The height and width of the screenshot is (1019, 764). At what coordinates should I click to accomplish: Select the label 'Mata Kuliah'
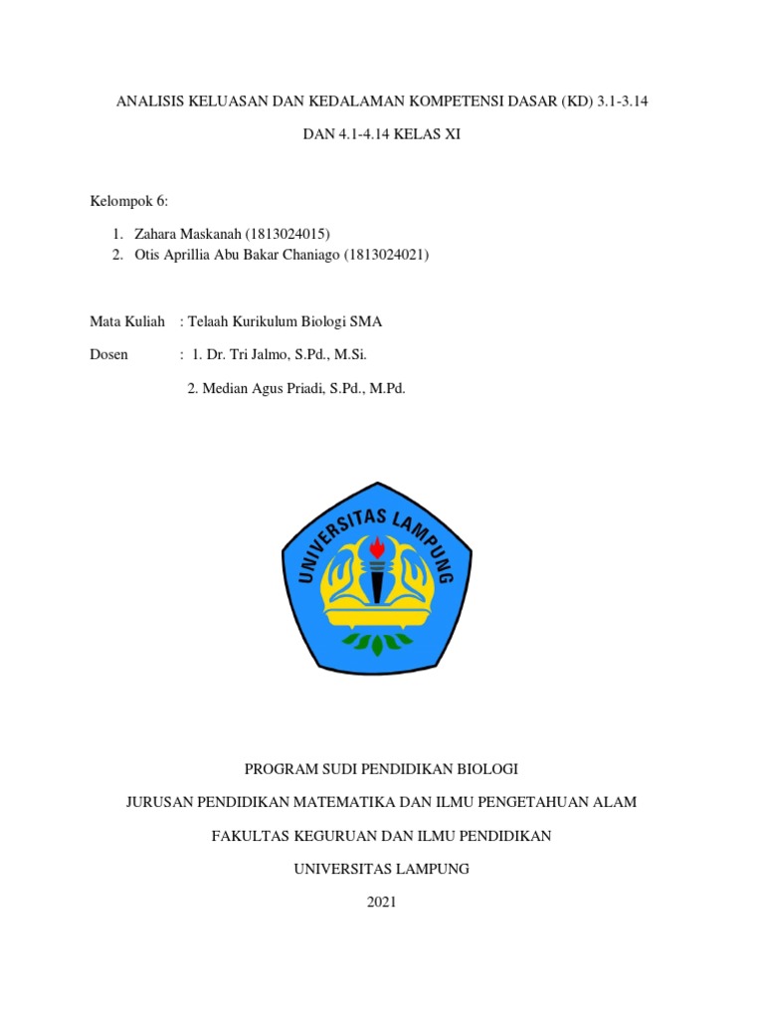tap(127, 321)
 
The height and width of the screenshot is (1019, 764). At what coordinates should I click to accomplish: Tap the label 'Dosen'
tap(109, 354)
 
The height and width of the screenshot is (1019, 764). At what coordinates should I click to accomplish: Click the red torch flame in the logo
tap(378, 547)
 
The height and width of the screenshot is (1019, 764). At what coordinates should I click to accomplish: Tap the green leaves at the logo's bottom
tap(377, 644)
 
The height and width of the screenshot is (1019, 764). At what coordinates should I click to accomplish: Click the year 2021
tap(381, 902)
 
